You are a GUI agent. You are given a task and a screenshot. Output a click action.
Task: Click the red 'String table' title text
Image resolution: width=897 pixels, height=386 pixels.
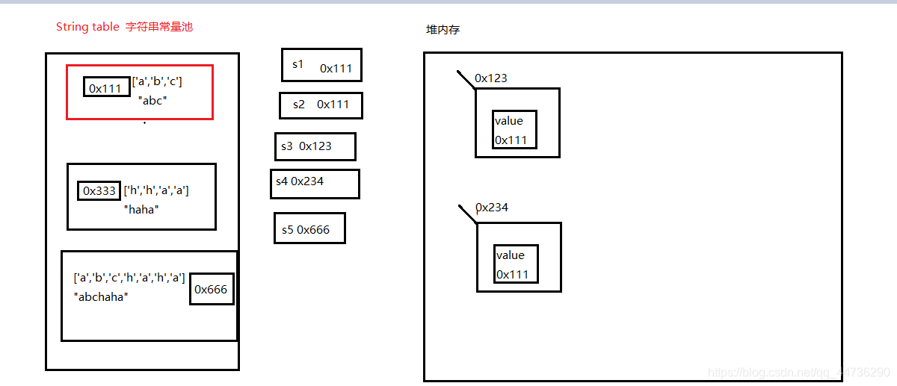[87, 27]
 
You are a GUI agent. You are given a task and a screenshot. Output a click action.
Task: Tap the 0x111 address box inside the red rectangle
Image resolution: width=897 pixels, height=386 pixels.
[106, 88]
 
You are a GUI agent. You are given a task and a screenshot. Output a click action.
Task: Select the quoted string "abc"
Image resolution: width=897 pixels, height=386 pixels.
[152, 100]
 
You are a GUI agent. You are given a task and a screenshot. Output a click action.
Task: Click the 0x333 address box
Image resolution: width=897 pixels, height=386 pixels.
[99, 190]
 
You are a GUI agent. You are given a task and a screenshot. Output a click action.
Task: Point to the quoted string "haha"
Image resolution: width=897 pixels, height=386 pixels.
[141, 210]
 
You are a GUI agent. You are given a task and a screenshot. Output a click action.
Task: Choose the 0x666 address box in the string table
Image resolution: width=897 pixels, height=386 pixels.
[212, 289]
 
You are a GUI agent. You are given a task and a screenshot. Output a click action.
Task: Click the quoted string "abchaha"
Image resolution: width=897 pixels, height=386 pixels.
[101, 296]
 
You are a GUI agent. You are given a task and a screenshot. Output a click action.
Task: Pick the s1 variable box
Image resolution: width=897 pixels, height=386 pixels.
[321, 65]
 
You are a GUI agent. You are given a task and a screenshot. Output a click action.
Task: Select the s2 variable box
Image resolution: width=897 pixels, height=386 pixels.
[321, 105]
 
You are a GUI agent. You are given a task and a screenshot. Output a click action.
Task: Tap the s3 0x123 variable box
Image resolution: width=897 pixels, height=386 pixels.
[315, 146]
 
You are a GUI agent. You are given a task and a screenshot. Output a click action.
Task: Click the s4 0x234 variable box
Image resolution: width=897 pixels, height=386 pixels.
[315, 183]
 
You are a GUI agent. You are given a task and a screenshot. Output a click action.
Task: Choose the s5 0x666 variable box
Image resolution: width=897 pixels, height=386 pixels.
[309, 228]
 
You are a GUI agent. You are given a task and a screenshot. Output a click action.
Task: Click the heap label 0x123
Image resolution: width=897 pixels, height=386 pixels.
[491, 78]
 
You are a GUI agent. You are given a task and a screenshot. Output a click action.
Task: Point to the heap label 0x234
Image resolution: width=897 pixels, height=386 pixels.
[493, 208]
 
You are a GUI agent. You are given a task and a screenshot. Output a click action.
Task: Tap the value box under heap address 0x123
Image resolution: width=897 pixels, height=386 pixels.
[514, 130]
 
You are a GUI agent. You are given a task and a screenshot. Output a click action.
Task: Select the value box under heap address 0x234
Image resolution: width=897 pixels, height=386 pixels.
[516, 264]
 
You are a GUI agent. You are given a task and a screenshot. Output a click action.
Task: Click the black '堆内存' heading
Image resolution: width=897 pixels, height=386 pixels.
[443, 30]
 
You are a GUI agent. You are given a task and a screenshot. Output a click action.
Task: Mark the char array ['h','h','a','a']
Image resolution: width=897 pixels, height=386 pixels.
[156, 190]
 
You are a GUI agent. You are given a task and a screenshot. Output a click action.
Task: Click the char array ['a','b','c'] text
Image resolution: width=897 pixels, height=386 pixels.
[157, 81]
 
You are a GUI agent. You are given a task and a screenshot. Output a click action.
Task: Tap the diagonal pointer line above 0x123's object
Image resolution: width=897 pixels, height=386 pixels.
[466, 79]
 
